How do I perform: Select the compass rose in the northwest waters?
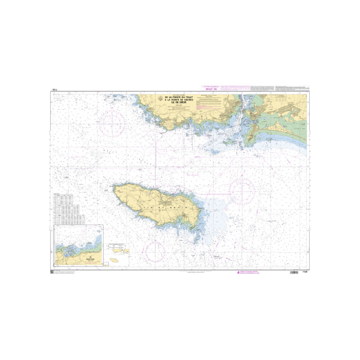click(x=113, y=122)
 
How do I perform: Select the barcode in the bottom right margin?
click(x=293, y=273)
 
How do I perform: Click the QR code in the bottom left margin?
click(x=54, y=273)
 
